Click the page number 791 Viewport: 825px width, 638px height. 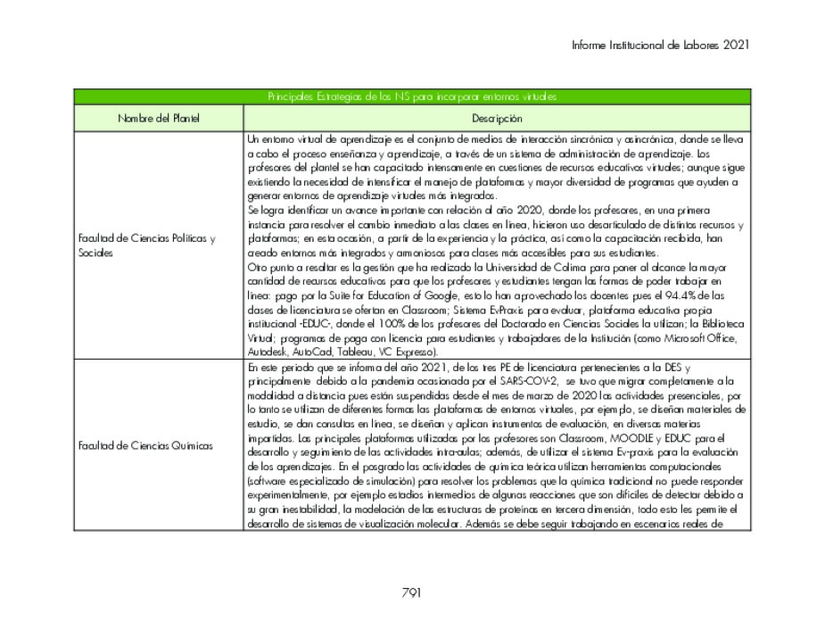click(411, 592)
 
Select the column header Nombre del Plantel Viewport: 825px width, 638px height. click(159, 118)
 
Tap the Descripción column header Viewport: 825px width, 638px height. click(497, 118)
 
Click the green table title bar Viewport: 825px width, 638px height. click(411, 96)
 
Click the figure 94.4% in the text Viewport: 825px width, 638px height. click(657, 295)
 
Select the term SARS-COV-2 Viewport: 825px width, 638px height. click(532, 381)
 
